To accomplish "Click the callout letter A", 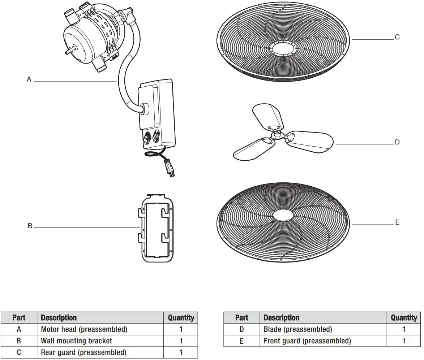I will point(29,79).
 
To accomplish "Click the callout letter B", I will point(30,226).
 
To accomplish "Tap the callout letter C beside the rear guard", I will point(397,37).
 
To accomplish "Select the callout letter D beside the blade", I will point(397,142).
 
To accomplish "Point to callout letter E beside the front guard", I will point(397,222).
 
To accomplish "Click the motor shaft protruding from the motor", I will point(69,52).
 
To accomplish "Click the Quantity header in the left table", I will point(181,318).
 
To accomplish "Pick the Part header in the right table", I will point(241,318).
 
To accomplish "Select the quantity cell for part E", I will point(403,341).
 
